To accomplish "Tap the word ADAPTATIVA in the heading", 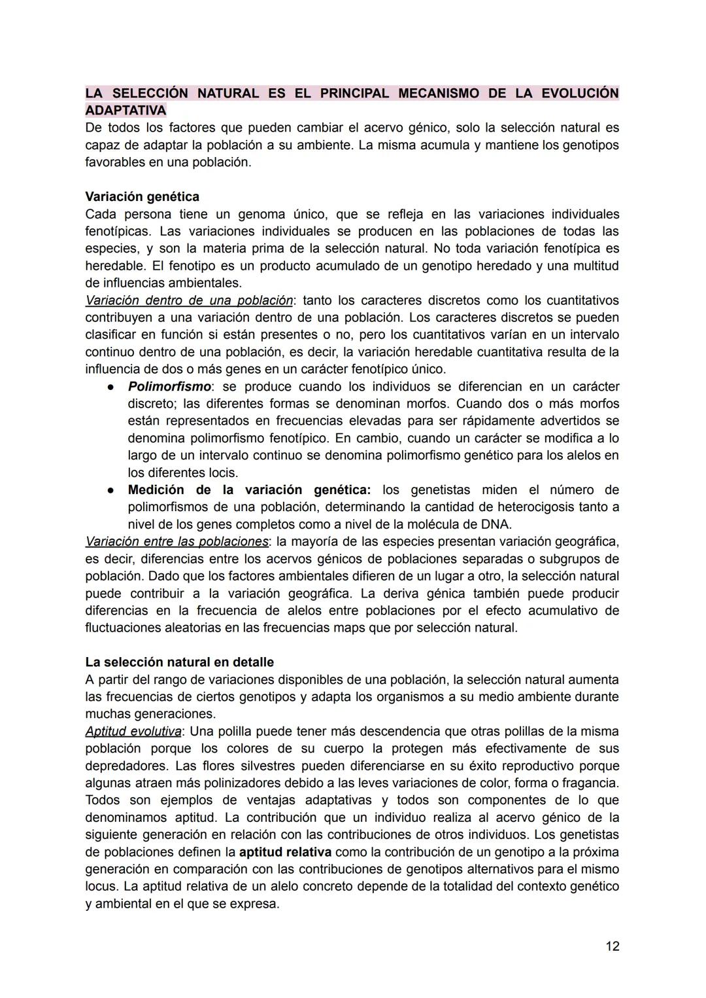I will (126, 110).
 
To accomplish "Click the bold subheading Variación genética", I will (142, 196).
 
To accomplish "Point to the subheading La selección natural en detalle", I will (179, 662).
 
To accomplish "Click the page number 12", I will (612, 946).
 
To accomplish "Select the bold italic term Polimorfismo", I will (169, 386).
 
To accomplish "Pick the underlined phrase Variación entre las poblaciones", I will (176, 541).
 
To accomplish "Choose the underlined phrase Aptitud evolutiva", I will (133, 731).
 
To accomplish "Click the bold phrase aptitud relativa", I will (285, 852).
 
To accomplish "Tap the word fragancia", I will (590, 783).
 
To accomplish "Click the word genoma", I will (261, 214).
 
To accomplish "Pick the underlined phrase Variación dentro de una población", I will (189, 300).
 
